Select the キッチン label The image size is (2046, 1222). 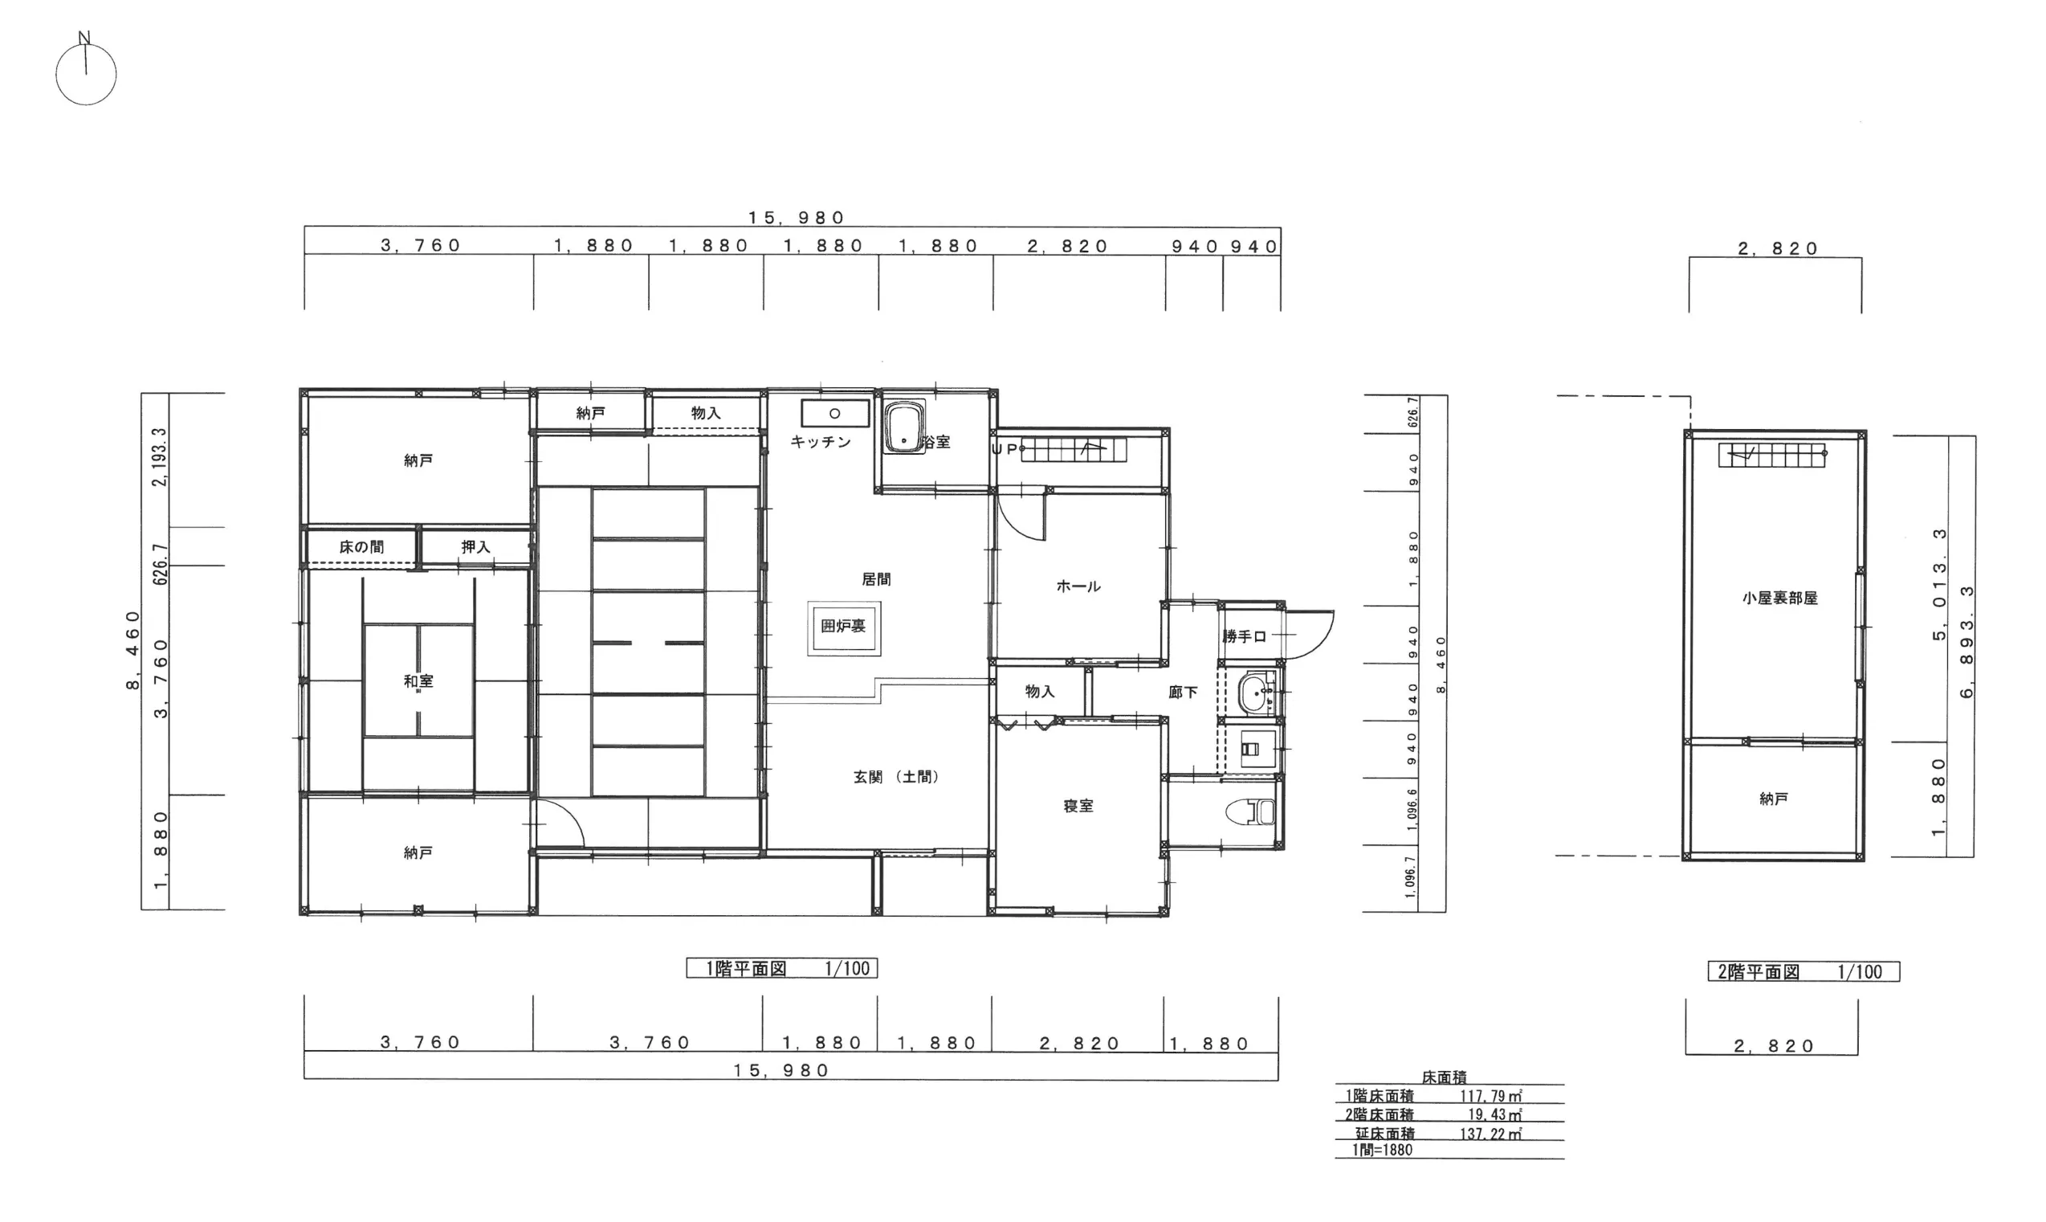click(x=821, y=442)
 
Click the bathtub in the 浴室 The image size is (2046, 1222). click(x=904, y=427)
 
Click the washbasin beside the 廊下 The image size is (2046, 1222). click(x=1256, y=693)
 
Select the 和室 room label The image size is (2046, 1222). click(x=418, y=681)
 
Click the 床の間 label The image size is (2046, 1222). click(x=361, y=547)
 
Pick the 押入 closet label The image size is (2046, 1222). click(x=475, y=547)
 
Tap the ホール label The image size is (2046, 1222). click(x=1078, y=586)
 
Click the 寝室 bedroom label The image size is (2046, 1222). click(x=1078, y=805)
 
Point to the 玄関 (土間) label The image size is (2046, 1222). click(x=896, y=777)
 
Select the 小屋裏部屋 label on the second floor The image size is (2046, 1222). click(x=1779, y=599)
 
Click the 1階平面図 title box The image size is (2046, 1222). click(x=782, y=968)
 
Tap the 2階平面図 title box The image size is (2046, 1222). click(x=1804, y=971)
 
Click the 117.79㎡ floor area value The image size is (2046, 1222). click(x=1491, y=1096)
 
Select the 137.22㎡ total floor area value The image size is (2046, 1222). click(x=1491, y=1134)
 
